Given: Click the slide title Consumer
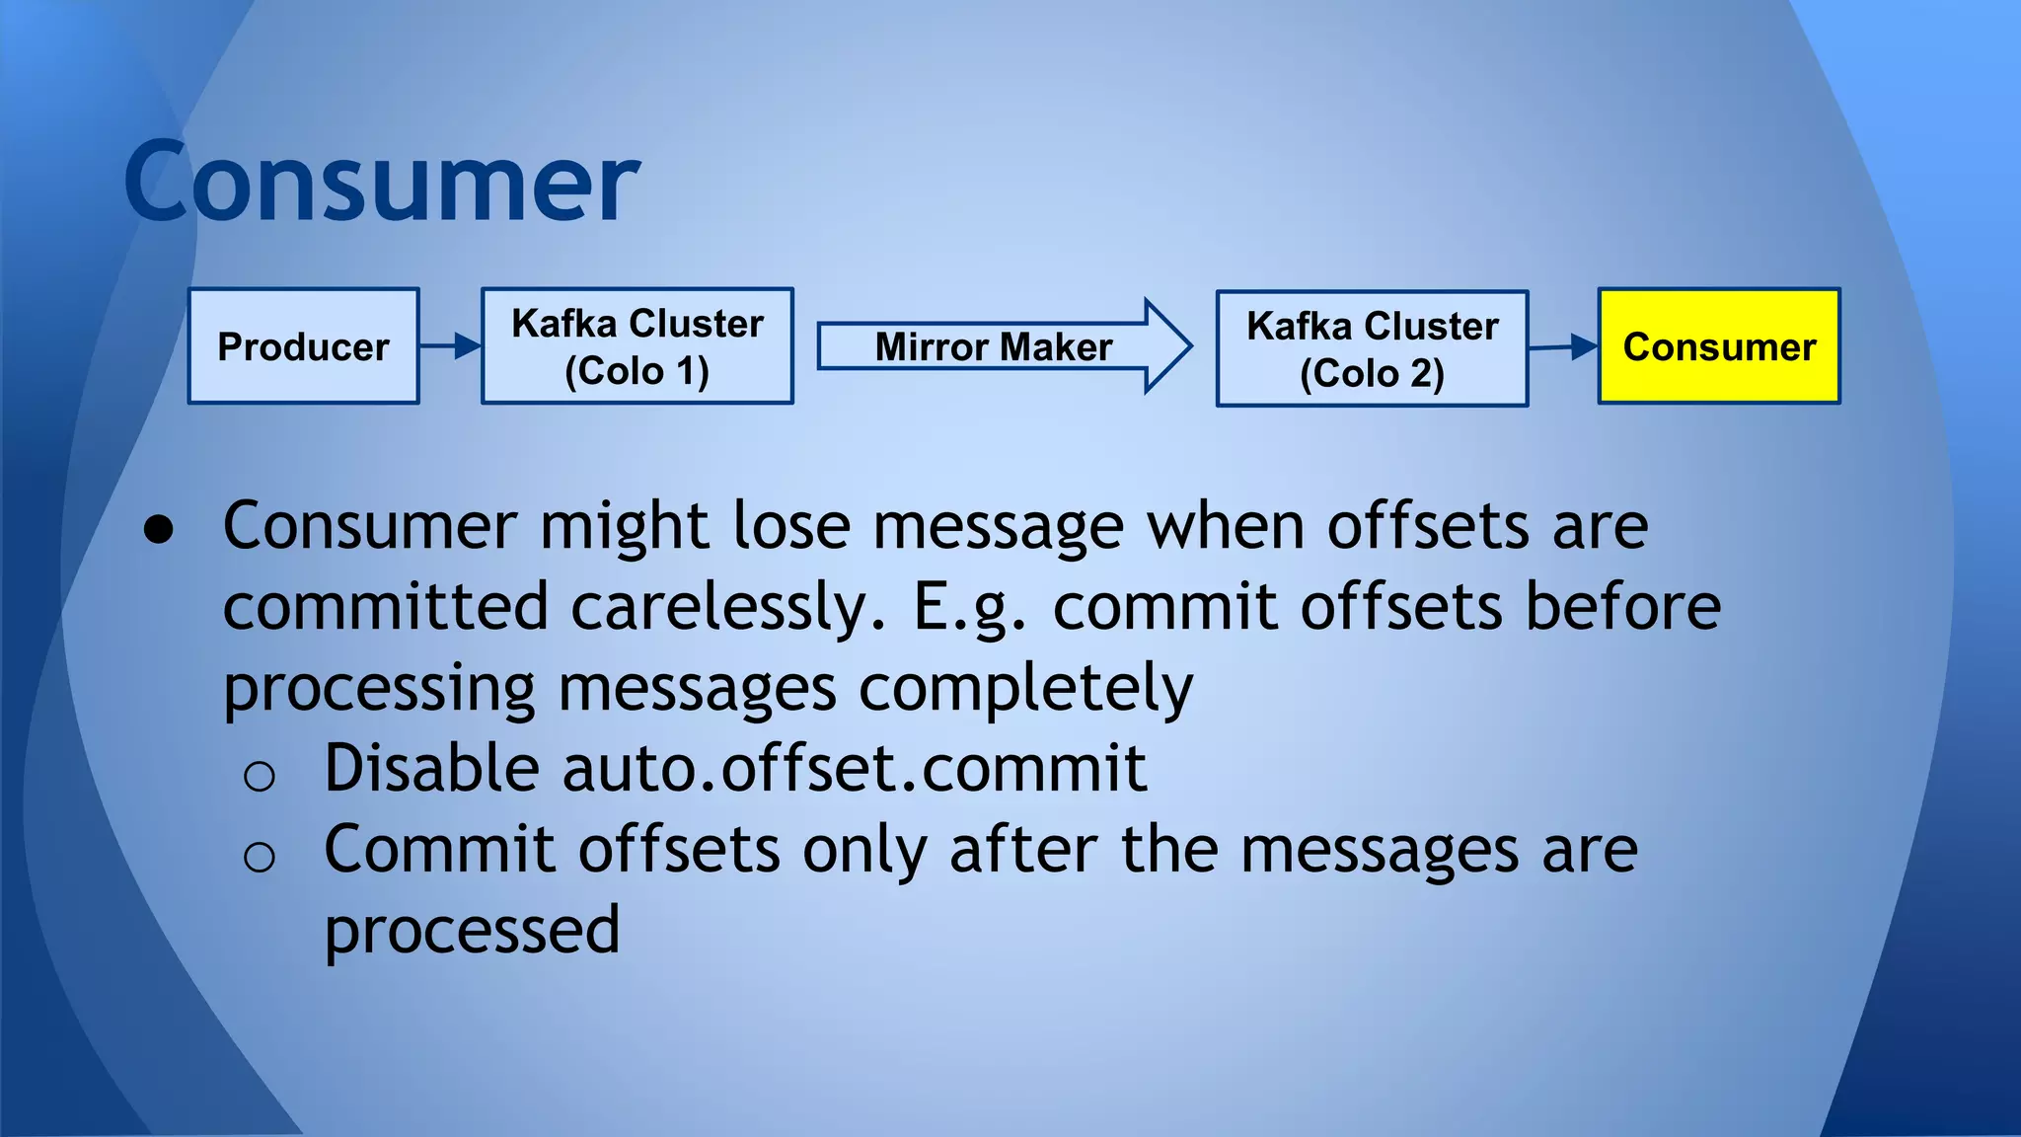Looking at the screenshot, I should click(382, 183).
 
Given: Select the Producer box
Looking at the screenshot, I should click(303, 346).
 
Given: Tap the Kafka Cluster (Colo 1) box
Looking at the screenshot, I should click(636, 346).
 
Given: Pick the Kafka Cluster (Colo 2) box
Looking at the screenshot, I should click(1372, 348).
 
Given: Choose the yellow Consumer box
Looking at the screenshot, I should click(1718, 346).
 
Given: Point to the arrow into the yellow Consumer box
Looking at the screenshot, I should click(1563, 346).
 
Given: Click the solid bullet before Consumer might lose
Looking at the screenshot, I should click(159, 530).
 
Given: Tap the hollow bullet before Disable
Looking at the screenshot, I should click(259, 777).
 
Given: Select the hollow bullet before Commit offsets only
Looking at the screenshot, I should click(259, 857).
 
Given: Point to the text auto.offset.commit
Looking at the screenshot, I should click(854, 768).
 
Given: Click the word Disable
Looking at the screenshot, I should click(431, 768).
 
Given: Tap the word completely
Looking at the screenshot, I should click(1025, 688).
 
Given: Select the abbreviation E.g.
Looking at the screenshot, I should click(969, 608).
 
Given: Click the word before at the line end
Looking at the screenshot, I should click(1622, 606).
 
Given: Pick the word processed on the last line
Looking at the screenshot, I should click(472, 931).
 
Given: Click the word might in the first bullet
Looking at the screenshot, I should click(624, 526).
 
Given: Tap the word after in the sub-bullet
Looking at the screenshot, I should click(1022, 849).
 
